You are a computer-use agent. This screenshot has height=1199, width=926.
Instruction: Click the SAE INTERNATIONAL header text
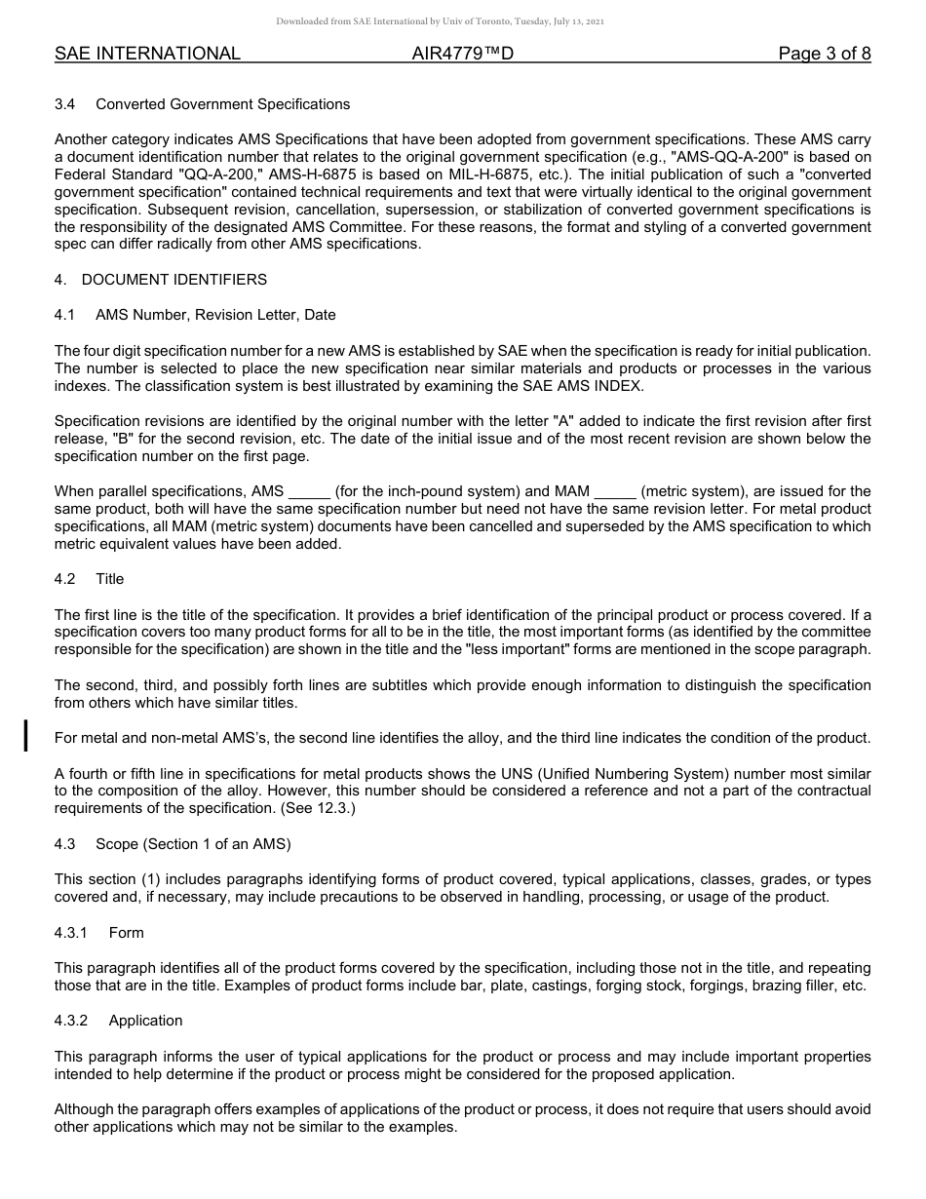coord(147,54)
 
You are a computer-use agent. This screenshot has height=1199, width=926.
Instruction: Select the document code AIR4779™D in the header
coord(462,54)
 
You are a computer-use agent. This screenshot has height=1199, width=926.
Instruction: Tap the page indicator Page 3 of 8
coord(824,54)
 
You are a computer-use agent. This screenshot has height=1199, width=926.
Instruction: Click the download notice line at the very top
coord(440,20)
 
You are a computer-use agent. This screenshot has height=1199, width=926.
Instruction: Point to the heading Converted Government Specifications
coord(222,104)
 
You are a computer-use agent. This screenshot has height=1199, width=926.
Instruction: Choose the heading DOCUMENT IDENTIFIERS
coord(174,280)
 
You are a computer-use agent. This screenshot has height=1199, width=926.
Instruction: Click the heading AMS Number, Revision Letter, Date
coord(215,315)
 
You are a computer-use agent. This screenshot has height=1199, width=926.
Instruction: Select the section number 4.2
coord(64,579)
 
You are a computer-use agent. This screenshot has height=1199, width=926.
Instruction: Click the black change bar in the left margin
coord(26,735)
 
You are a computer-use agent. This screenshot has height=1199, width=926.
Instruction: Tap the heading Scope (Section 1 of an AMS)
coord(193,844)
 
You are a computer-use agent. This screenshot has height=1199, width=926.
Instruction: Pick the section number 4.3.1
coord(71,933)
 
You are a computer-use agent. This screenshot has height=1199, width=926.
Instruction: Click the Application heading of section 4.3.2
coord(145,1021)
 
